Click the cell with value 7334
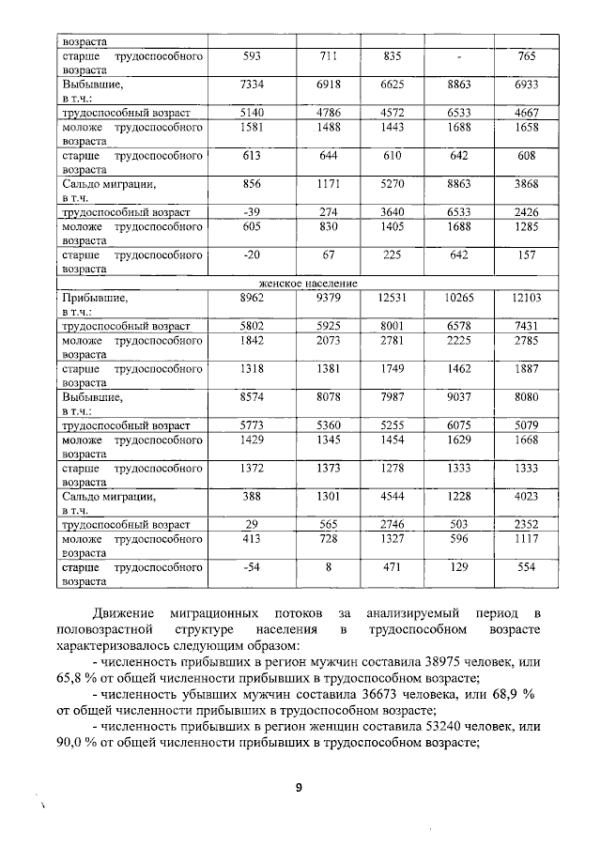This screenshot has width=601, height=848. [x=253, y=85]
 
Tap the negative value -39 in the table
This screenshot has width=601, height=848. [x=252, y=212]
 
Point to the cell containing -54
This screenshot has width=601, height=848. [x=252, y=567]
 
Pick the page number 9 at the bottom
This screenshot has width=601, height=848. [x=299, y=789]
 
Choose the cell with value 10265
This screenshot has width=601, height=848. [x=460, y=297]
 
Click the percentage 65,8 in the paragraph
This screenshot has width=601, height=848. [x=70, y=677]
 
